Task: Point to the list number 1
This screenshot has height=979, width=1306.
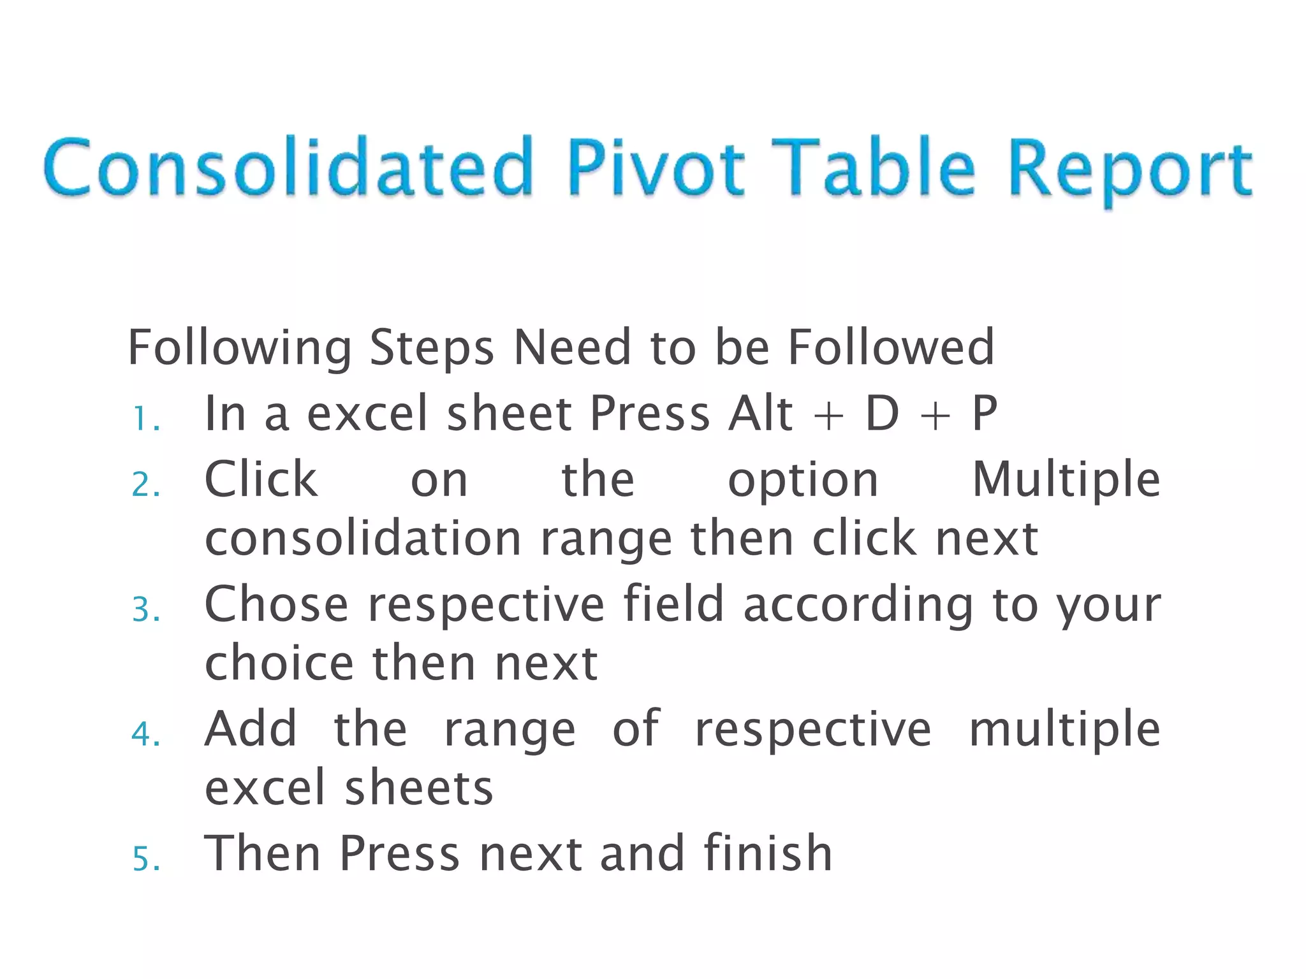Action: pos(145,419)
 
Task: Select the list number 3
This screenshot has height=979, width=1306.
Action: pos(145,609)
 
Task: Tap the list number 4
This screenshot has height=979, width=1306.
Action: pos(145,734)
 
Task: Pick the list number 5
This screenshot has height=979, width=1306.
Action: pos(145,859)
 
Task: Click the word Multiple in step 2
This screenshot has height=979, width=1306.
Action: pos(1066,479)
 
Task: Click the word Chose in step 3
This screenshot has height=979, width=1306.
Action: pos(276,604)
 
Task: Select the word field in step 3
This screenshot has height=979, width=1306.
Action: pos(673,604)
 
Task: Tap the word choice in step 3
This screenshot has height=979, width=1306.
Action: pos(279,663)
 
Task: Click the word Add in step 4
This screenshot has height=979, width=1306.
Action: pos(251,728)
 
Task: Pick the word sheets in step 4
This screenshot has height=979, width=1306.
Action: pos(419,787)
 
